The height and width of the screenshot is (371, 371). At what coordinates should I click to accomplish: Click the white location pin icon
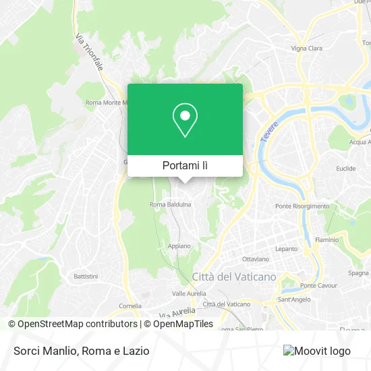pyautogui.click(x=185, y=121)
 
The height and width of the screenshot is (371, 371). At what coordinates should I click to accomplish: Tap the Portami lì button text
pyautogui.click(x=185, y=165)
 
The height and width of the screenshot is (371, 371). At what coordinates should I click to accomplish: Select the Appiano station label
pyautogui.click(x=179, y=246)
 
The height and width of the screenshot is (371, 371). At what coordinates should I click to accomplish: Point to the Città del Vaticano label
pyautogui.click(x=225, y=277)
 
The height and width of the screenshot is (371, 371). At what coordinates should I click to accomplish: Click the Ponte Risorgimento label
pyautogui.click(x=302, y=206)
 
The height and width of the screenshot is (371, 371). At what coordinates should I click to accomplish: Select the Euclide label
pyautogui.click(x=346, y=169)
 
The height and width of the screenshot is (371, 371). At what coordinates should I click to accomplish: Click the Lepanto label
pyautogui.click(x=286, y=249)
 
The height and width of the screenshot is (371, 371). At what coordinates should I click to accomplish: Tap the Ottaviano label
pyautogui.click(x=256, y=258)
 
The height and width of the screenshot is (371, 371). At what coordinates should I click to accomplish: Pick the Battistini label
pyautogui.click(x=86, y=277)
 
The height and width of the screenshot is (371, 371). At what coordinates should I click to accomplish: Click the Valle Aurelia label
pyautogui.click(x=188, y=294)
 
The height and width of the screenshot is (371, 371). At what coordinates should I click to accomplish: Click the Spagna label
pyautogui.click(x=358, y=273)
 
